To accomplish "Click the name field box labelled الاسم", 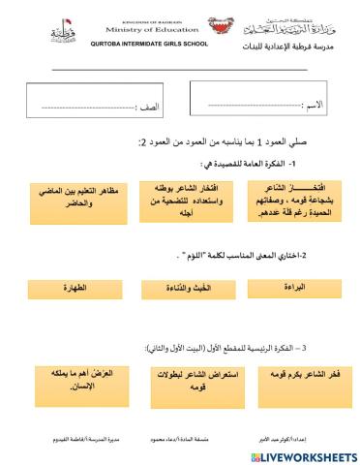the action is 262,101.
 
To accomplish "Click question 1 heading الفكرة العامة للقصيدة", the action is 252,165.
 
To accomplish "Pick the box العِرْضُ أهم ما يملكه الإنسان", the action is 67,379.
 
